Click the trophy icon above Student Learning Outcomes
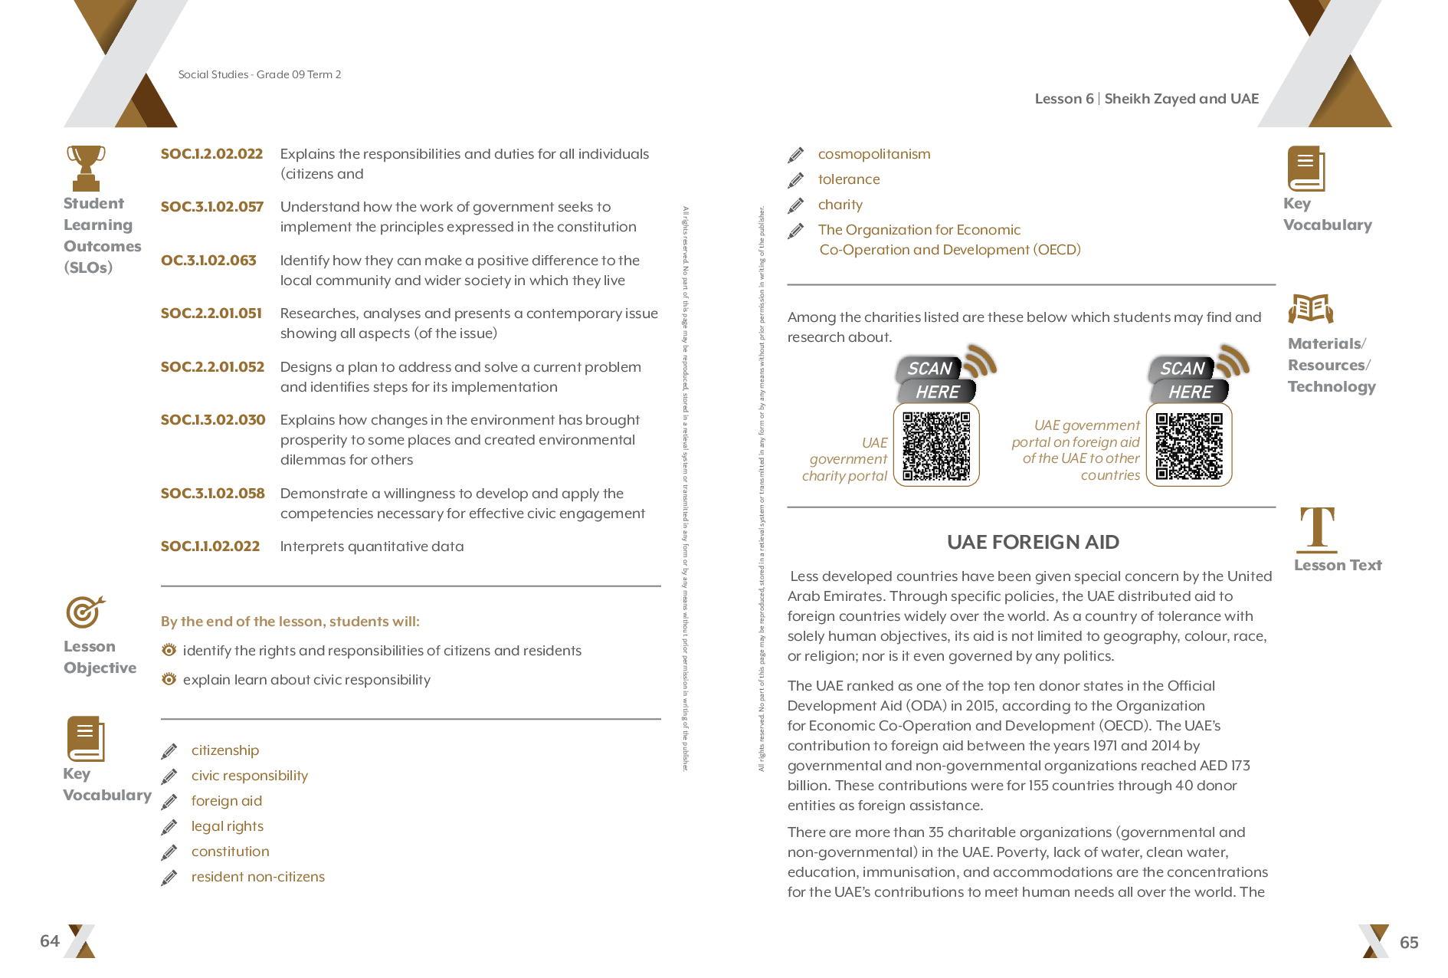coord(86,167)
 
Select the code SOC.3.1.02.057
coord(212,207)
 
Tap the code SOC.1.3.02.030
coord(213,420)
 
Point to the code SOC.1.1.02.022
coord(210,546)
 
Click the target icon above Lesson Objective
coord(85,612)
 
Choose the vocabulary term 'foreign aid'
coord(227,801)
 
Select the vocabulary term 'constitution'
coord(231,852)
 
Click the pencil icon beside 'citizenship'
coord(169,751)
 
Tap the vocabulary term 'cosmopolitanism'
coord(874,154)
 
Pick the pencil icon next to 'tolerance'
coord(796,180)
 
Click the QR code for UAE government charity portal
coord(936,446)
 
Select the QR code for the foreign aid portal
coord(1189,446)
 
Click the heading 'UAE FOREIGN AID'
coord(1033,543)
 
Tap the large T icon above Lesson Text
coord(1317,529)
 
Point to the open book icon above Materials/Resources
coord(1311,309)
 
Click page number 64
coord(50,941)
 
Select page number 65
coord(1409,943)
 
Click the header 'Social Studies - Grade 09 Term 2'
coord(260,74)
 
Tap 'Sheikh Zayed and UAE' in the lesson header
coord(1181,99)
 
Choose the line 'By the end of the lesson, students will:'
coord(290,622)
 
